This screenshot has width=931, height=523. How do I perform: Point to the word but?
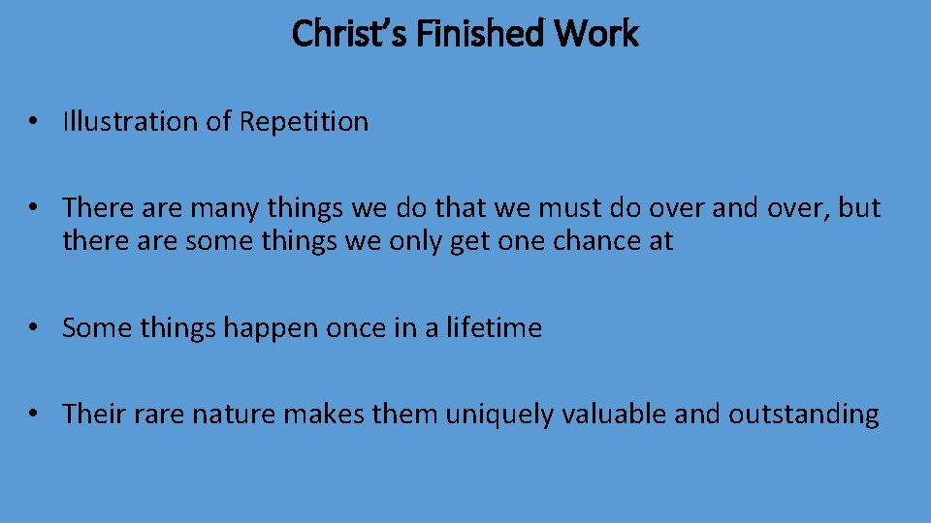coord(858,207)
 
